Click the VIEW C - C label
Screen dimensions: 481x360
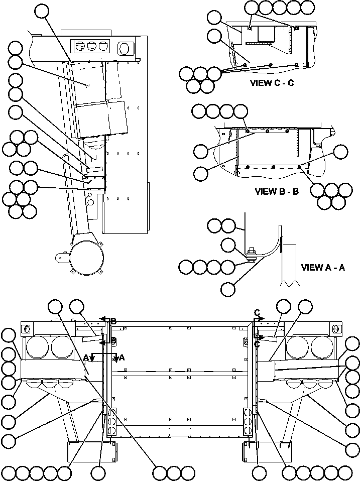point(272,83)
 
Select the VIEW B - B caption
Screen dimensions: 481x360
point(277,191)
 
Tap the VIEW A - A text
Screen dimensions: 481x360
point(322,268)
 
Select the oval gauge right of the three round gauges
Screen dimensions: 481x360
point(124,48)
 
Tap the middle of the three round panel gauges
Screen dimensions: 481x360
point(91,46)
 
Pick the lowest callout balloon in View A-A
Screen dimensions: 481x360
point(228,289)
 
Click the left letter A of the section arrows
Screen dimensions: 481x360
point(86,357)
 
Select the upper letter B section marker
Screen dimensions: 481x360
point(113,320)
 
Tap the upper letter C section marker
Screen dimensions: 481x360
point(257,313)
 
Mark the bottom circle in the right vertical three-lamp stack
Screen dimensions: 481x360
point(247,431)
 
